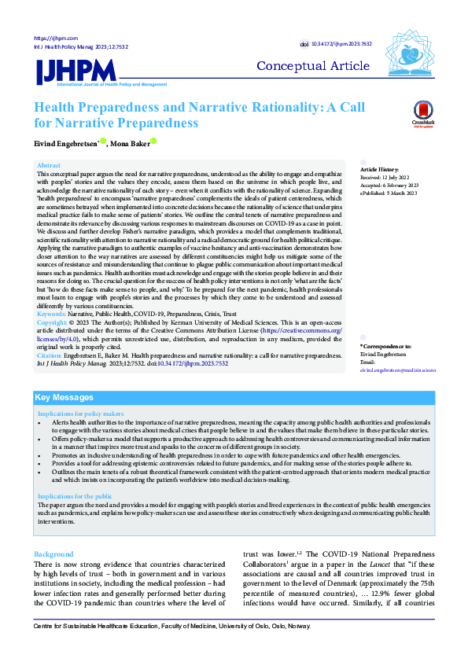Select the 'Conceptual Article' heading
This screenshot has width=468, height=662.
pos(312,65)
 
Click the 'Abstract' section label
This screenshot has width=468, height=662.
pos(49,166)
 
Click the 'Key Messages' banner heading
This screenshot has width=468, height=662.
pos(64,397)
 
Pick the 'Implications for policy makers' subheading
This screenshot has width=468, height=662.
pos(81,414)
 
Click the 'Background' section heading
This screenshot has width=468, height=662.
pos(54,531)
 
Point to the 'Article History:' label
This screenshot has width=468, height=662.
pos(380,170)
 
